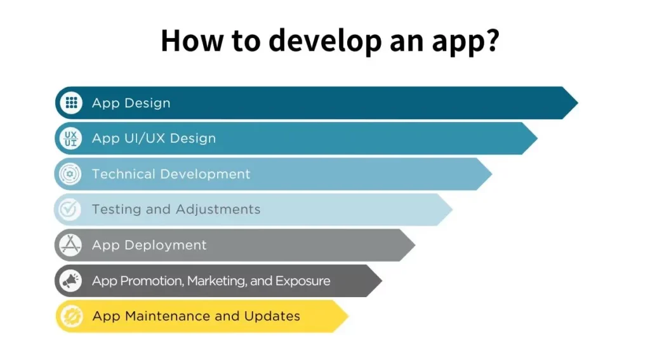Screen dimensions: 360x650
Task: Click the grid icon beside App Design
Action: tap(71, 103)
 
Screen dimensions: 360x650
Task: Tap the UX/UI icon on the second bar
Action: tap(71, 138)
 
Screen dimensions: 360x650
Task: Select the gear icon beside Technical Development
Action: tap(70, 174)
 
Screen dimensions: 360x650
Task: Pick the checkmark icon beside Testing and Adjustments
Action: tap(70, 210)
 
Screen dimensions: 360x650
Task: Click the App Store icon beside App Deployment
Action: tap(70, 245)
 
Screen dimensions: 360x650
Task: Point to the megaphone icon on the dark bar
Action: tap(70, 281)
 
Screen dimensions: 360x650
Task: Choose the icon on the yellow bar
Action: tap(70, 316)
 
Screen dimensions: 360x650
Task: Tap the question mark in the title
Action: tap(489, 40)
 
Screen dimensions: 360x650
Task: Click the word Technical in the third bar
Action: tap(124, 174)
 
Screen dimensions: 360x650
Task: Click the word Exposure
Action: tap(303, 281)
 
